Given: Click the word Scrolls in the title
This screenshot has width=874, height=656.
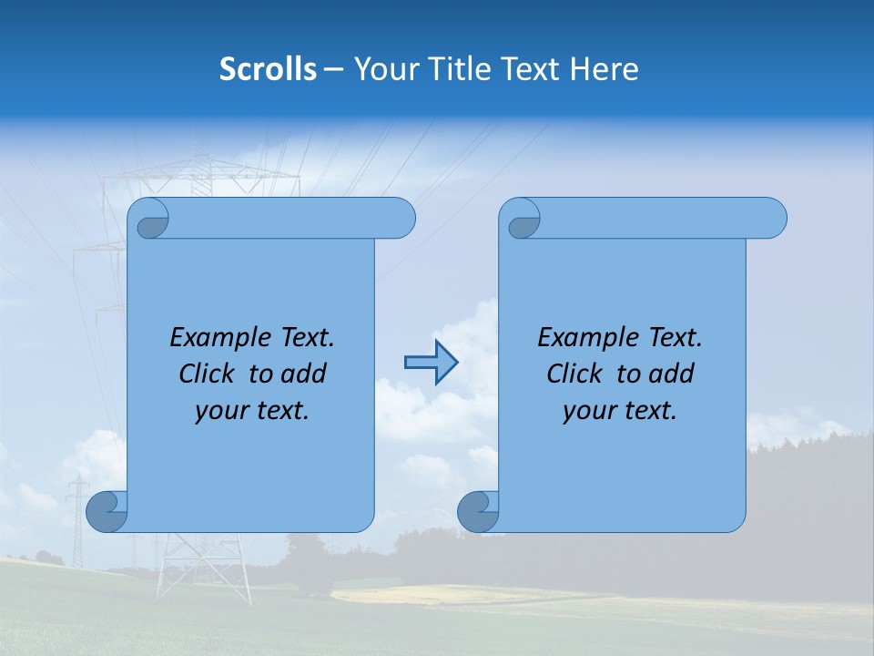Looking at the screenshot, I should point(268,68).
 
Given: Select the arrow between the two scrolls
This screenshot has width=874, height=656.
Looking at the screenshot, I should point(431,363).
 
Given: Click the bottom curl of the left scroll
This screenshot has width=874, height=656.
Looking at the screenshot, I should point(106,512).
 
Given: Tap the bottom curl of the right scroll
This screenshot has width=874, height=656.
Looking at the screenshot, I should point(477,512).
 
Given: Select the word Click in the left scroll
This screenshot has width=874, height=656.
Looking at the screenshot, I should point(208,374).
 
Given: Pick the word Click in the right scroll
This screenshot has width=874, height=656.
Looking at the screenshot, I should point(576,374).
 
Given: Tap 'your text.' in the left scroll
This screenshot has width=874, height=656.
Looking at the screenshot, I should point(252,410).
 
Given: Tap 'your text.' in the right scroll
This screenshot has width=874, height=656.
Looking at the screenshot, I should point(620,410).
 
